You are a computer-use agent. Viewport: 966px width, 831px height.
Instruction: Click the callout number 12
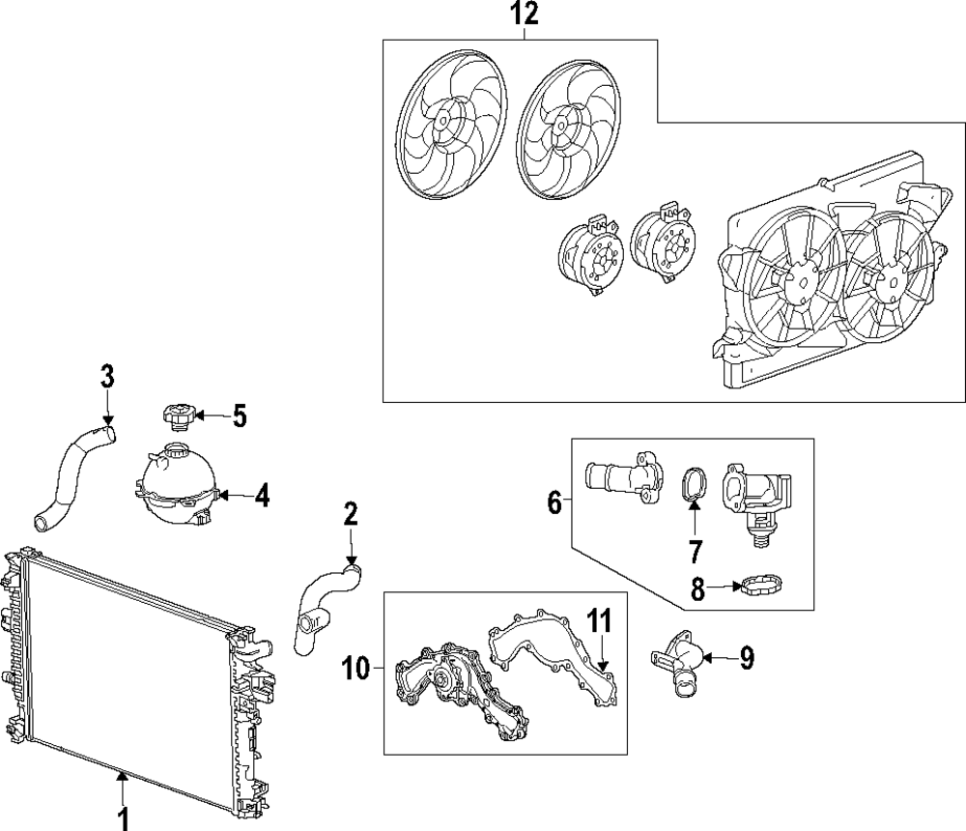coord(525,14)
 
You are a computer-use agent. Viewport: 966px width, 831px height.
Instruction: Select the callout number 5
coord(239,416)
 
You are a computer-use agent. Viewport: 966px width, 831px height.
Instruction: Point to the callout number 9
coord(747,658)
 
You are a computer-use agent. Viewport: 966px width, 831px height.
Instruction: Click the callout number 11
coord(599,621)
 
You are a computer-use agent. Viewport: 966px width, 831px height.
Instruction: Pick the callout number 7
coord(695,552)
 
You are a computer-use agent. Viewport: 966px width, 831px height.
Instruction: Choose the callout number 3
coord(107,377)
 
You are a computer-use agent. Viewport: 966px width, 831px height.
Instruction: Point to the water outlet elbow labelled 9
coord(676,665)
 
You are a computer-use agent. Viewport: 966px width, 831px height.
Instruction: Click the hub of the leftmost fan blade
coord(441,122)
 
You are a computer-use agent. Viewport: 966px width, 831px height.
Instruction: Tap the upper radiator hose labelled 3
coord(73,477)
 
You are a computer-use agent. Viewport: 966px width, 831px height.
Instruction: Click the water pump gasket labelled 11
coord(552,657)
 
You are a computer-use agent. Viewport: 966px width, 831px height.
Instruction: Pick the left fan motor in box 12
coord(590,256)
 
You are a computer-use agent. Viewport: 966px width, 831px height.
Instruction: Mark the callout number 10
coord(355,669)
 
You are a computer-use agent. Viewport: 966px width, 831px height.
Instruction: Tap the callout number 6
coord(554,503)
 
